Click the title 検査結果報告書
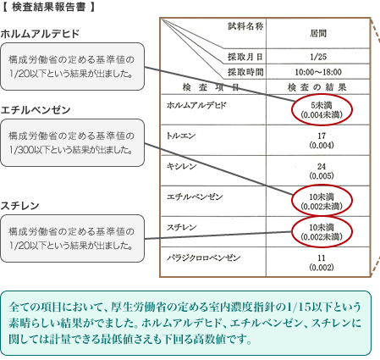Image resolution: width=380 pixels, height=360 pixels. pyautogui.click(x=48, y=7)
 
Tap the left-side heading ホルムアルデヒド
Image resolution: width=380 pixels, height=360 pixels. pyautogui.click(x=40, y=34)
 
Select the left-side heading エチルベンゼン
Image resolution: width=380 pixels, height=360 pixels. pyautogui.click(x=36, y=110)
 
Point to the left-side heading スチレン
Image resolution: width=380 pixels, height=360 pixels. pyautogui.click(x=19, y=206)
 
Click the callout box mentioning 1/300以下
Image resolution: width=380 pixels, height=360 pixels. pyautogui.click(x=72, y=142)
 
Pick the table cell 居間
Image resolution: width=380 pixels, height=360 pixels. pyautogui.click(x=318, y=33)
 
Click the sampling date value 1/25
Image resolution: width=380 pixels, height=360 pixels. pyautogui.click(x=318, y=57)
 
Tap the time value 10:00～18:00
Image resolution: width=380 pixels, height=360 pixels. pyautogui.click(x=318, y=72)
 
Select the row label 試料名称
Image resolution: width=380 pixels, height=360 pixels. pyautogui.click(x=245, y=26)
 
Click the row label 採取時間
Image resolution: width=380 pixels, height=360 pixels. pyautogui.click(x=245, y=72)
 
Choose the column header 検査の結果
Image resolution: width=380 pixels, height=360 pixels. pyautogui.click(x=317, y=87)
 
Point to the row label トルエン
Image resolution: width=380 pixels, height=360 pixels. pyautogui.click(x=181, y=136)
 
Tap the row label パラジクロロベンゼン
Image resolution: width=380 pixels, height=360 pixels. pyautogui.click(x=203, y=258)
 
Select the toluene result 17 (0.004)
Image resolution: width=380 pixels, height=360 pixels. pyautogui.click(x=322, y=141)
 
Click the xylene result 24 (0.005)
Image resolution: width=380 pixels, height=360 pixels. pyautogui.click(x=322, y=171)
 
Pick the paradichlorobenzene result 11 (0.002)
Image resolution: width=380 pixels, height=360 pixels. pyautogui.click(x=322, y=263)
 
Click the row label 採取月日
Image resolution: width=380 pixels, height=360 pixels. pyautogui.click(x=245, y=57)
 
